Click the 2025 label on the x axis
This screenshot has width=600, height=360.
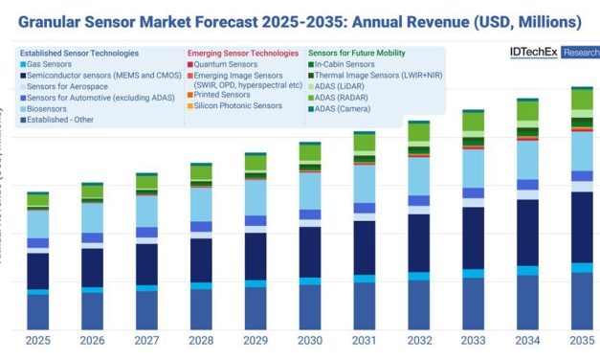(x=38, y=341)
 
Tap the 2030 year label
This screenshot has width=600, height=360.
(x=310, y=341)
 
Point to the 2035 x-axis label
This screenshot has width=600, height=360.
(x=582, y=341)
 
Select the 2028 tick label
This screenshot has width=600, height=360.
(x=201, y=341)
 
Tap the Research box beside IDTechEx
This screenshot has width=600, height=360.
(x=580, y=53)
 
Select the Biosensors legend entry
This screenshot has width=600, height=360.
(x=53, y=109)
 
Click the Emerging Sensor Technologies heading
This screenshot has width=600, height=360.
(x=243, y=53)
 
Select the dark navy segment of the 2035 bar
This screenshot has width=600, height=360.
(x=582, y=226)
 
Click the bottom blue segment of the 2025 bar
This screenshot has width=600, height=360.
(x=38, y=312)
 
